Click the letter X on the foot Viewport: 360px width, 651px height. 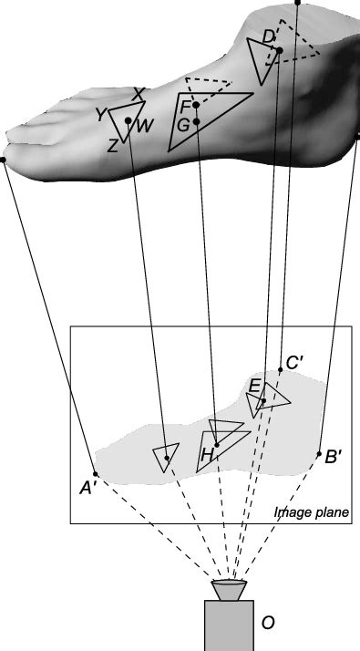point(139,94)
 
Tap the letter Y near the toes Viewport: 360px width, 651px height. point(101,114)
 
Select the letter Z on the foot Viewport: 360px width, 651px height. point(112,146)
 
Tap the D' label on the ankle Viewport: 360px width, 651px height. point(270,36)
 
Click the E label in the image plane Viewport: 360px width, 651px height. point(254,386)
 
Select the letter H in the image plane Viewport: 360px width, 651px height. point(208,453)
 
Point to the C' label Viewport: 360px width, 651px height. point(294,363)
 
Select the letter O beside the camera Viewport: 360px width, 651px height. point(268,624)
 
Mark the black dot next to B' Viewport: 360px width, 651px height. point(319,454)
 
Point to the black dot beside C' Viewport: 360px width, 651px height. point(281,370)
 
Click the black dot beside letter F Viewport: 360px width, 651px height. point(196,106)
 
